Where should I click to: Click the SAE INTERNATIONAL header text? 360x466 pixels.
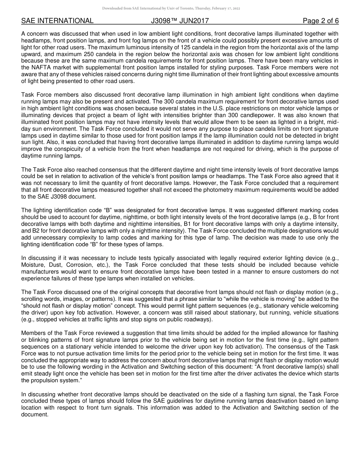tap(57, 21)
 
